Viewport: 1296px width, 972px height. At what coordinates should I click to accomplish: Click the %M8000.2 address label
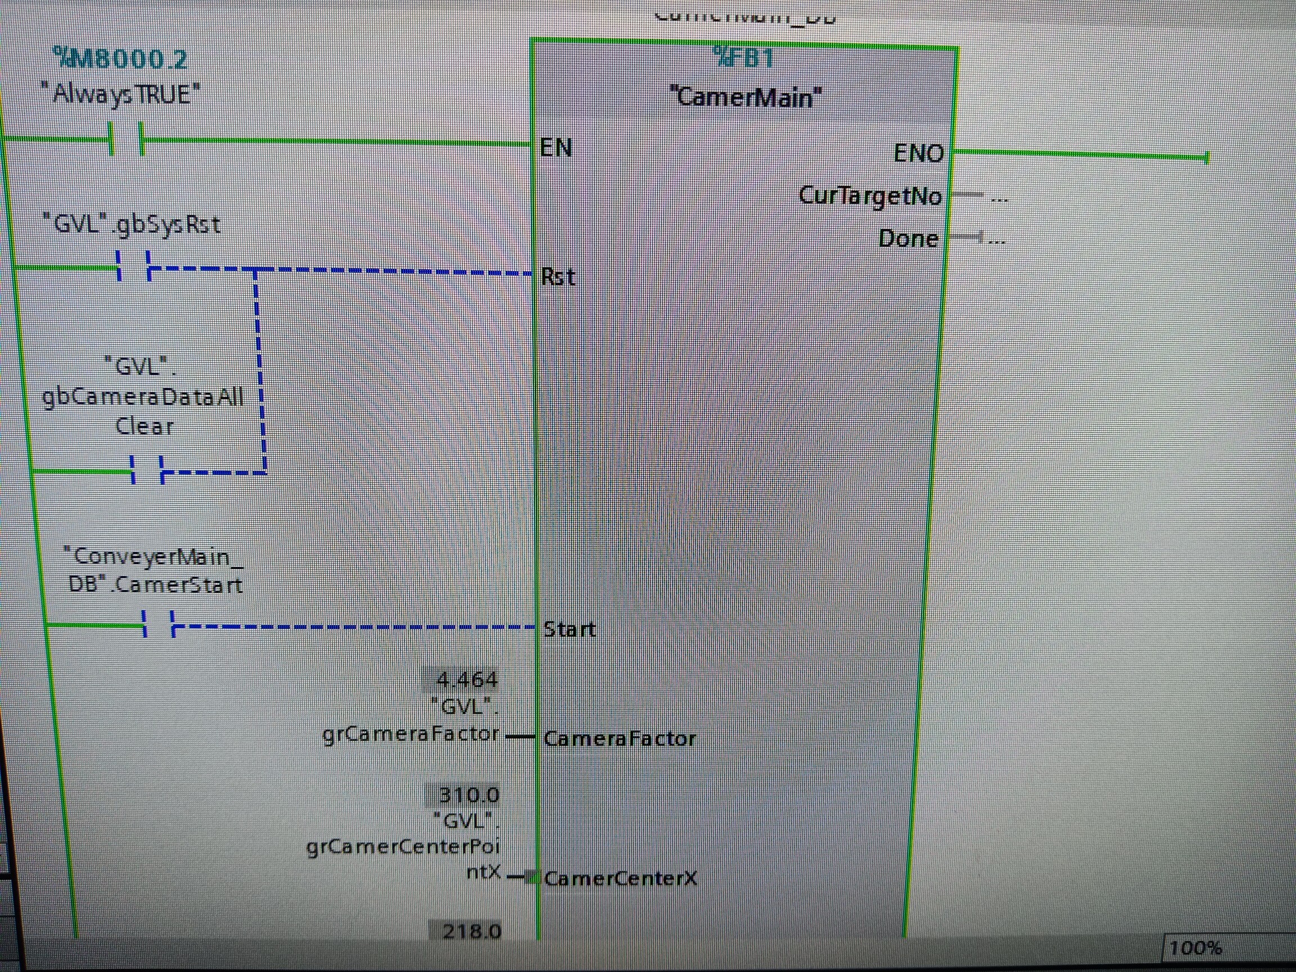coord(120,58)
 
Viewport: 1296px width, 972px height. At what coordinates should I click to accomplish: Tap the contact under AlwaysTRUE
coord(127,139)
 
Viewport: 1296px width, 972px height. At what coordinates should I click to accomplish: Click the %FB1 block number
coord(744,58)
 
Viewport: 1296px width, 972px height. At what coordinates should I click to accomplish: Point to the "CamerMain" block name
coord(745,97)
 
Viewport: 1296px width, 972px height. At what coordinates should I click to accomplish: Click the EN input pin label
coord(555,147)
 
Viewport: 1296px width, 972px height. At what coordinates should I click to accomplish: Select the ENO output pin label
coord(918,154)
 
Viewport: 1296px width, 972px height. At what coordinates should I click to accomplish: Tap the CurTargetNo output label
coord(870,196)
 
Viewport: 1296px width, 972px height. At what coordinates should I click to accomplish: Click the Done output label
coord(908,238)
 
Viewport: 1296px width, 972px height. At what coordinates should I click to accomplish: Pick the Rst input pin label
coord(558,277)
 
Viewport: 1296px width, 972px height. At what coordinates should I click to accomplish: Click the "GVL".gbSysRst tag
coord(131,224)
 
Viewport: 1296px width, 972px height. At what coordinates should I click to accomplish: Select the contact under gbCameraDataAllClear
coord(147,470)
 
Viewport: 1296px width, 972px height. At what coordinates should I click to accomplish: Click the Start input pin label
coord(569,629)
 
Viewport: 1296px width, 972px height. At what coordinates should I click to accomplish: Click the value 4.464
coord(467,679)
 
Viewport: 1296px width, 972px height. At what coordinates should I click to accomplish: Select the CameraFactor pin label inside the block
coord(619,738)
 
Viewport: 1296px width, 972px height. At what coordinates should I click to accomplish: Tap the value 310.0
coord(469,795)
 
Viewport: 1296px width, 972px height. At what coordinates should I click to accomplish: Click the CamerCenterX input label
coord(620,878)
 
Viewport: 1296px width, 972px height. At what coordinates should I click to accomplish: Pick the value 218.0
coord(471,931)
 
